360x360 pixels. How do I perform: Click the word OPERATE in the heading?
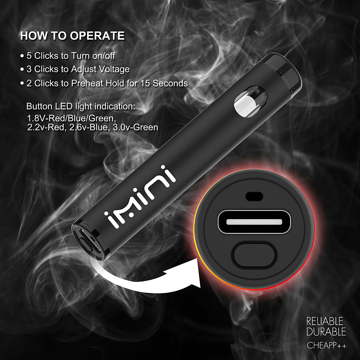pyautogui.click(x=97, y=36)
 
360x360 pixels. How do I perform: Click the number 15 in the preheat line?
pyautogui.click(x=145, y=83)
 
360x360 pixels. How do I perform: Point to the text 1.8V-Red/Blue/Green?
pyautogui.click(x=72, y=118)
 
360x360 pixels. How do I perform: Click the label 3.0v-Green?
pyautogui.click(x=135, y=127)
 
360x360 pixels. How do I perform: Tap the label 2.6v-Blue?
pyautogui.click(x=89, y=127)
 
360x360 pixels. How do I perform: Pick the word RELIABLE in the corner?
pyautogui.click(x=325, y=321)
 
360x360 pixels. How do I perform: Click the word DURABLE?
pyautogui.click(x=326, y=332)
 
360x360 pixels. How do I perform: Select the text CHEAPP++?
pyautogui.click(x=327, y=345)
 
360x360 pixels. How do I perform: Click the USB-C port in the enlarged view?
pyautogui.click(x=254, y=222)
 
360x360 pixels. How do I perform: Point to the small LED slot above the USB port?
pyautogui.click(x=254, y=196)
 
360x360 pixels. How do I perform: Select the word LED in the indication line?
pyautogui.click(x=64, y=107)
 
